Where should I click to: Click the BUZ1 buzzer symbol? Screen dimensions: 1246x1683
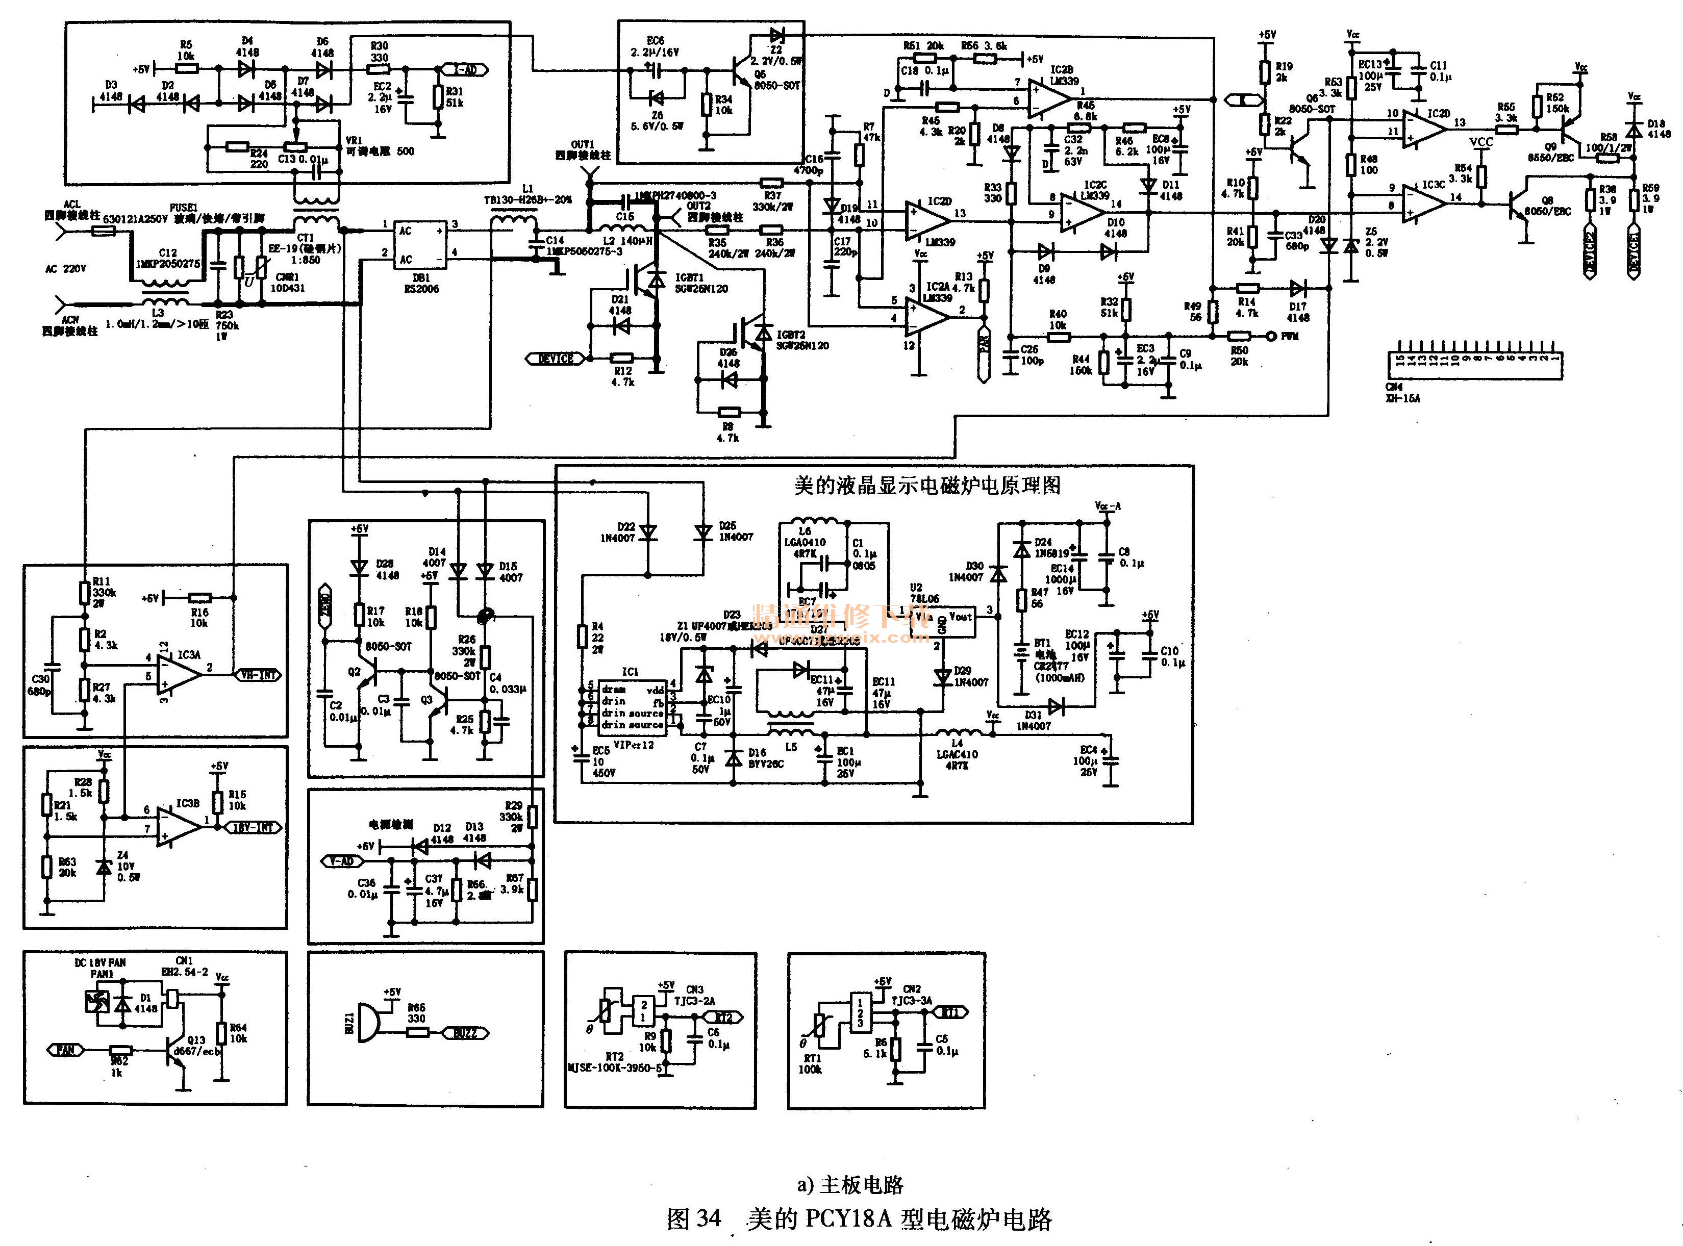[367, 1023]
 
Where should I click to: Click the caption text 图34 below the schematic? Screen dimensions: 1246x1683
[694, 1219]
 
